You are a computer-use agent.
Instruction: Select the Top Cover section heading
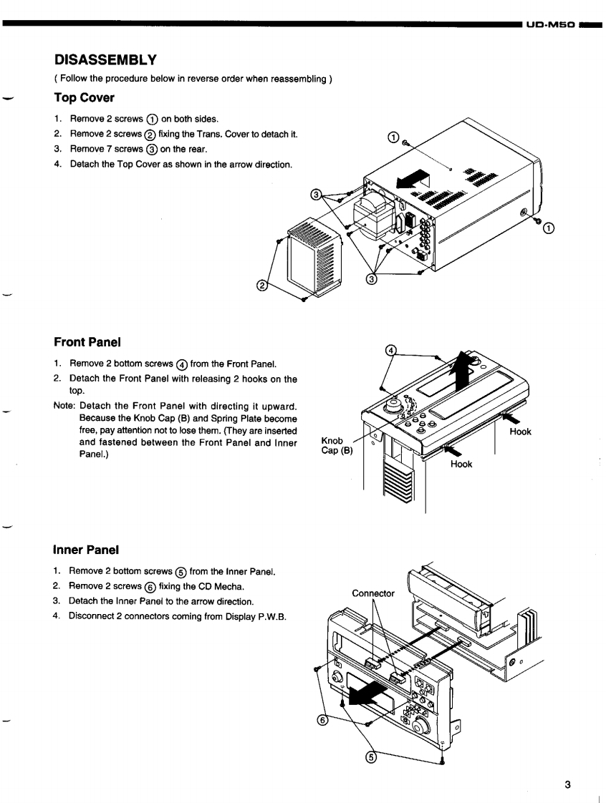[84, 97]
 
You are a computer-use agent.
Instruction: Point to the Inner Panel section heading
[86, 550]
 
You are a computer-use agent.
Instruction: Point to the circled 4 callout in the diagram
[390, 349]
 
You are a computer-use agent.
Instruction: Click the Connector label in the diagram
[373, 593]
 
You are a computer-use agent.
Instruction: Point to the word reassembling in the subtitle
[301, 78]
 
